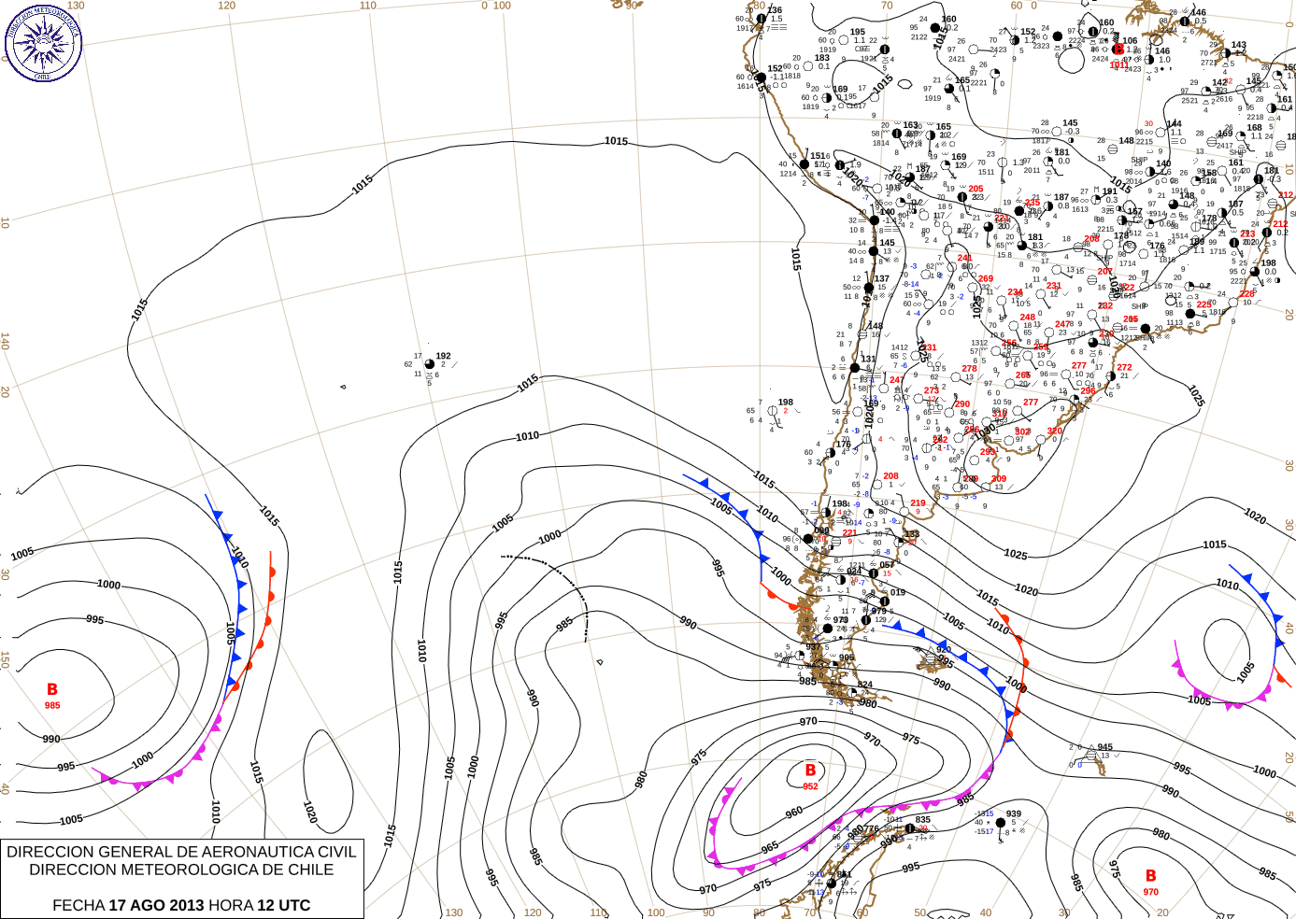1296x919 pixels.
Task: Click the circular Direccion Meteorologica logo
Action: [x=43, y=43]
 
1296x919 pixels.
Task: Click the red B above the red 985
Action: [x=52, y=689]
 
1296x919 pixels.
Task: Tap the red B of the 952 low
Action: [x=810, y=771]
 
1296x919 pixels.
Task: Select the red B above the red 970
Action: [x=1151, y=875]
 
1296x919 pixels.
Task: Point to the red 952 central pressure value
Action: [x=810, y=786]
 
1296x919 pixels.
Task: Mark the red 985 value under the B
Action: [x=52, y=705]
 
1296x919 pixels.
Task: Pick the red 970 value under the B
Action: [x=1150, y=892]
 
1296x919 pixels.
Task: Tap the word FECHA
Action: [x=78, y=905]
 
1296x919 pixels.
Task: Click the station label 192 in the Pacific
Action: [x=443, y=356]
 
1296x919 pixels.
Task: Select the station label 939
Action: [x=1014, y=813]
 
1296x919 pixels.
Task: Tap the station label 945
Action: [x=1105, y=747]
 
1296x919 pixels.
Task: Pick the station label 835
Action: [x=923, y=819]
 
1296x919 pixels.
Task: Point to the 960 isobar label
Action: [x=793, y=813]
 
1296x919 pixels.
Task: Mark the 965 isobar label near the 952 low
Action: [x=770, y=847]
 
